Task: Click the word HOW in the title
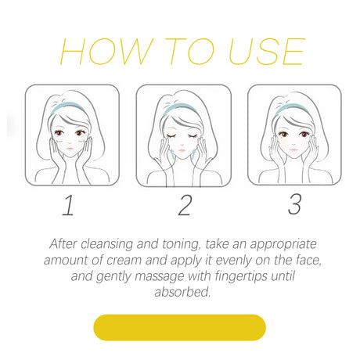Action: click(106, 52)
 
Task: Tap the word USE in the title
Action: click(267, 52)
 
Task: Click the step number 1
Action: click(68, 205)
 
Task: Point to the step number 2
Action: click(185, 205)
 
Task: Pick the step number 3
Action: click(295, 204)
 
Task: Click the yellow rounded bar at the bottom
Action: click(179, 327)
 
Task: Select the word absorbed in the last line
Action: click(182, 292)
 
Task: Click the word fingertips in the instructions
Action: click(241, 276)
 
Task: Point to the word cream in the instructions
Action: click(124, 261)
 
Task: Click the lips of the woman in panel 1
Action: click(70, 149)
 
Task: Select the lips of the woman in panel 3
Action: click(293, 149)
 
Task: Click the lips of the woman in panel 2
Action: click(182, 150)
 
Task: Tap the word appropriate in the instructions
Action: click(283, 245)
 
